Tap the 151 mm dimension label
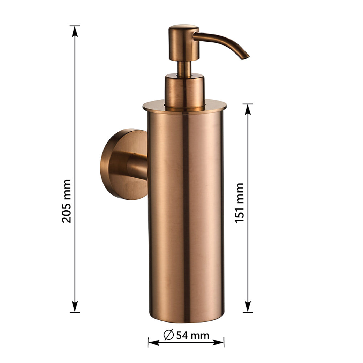239,203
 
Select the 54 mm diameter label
192,335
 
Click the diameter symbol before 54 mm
168,335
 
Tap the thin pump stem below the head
184,68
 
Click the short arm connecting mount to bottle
138,166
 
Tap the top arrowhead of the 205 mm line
75,31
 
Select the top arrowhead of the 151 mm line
248,109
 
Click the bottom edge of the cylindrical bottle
186,321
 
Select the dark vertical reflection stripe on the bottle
186,218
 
